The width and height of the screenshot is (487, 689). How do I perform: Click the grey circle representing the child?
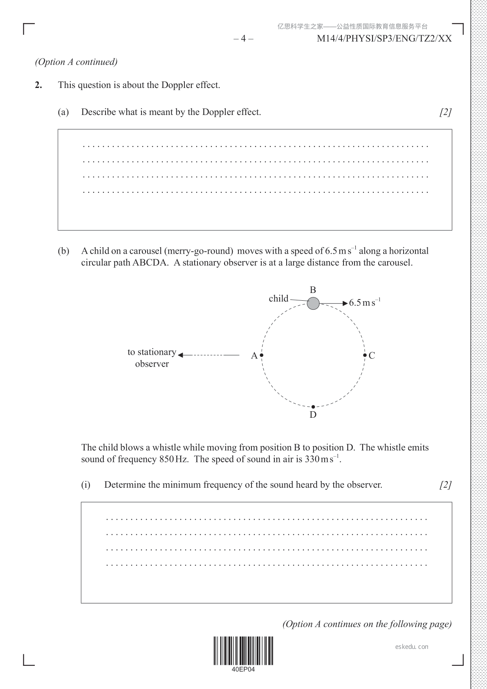click(x=313, y=303)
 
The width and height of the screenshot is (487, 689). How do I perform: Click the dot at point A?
click(x=262, y=355)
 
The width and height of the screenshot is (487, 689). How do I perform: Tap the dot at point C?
click(x=365, y=355)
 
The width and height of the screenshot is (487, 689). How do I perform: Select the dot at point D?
click(x=313, y=407)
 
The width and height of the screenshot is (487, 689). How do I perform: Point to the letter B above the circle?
click(x=313, y=290)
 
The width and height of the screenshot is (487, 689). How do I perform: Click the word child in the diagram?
click(x=278, y=299)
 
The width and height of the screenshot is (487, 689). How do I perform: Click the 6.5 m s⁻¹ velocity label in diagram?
click(x=365, y=303)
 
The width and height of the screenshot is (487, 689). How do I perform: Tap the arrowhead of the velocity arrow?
click(x=345, y=303)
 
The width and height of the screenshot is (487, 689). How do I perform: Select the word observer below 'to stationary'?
click(x=152, y=364)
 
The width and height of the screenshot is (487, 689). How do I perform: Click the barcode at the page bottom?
click(x=243, y=651)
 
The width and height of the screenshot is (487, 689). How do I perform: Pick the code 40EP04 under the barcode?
click(x=243, y=669)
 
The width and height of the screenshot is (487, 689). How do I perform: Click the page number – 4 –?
click(x=243, y=39)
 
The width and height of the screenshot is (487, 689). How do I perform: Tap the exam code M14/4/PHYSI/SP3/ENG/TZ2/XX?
click(x=384, y=39)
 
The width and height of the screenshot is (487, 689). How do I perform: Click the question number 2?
click(x=38, y=85)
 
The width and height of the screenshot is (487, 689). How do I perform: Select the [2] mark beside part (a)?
click(x=445, y=112)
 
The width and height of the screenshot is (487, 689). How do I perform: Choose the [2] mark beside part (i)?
click(x=445, y=485)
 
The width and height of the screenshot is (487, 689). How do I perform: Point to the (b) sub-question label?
click(x=63, y=251)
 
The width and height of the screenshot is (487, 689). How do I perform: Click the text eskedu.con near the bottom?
click(x=412, y=647)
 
